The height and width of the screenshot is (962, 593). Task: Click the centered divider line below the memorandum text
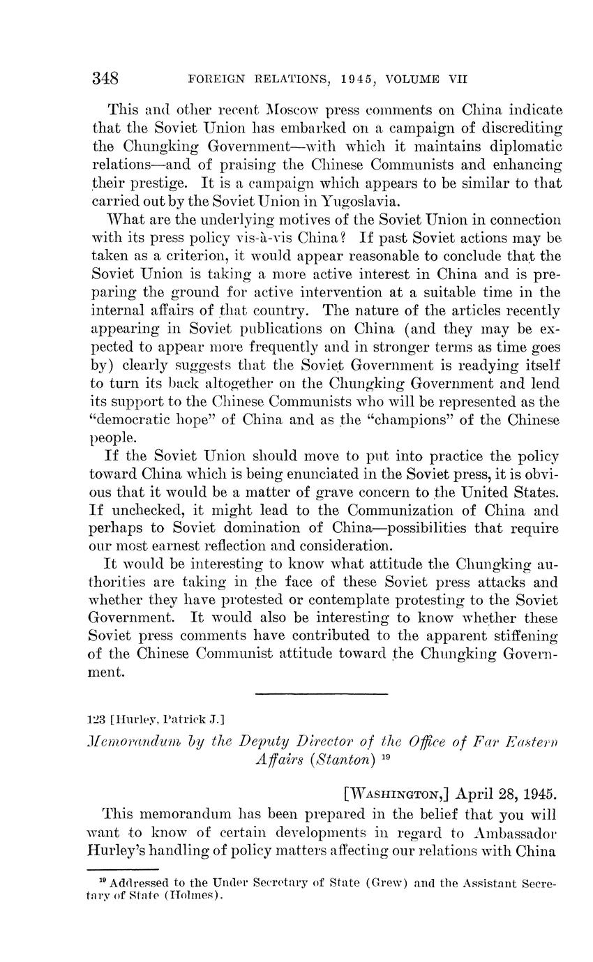click(x=321, y=693)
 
